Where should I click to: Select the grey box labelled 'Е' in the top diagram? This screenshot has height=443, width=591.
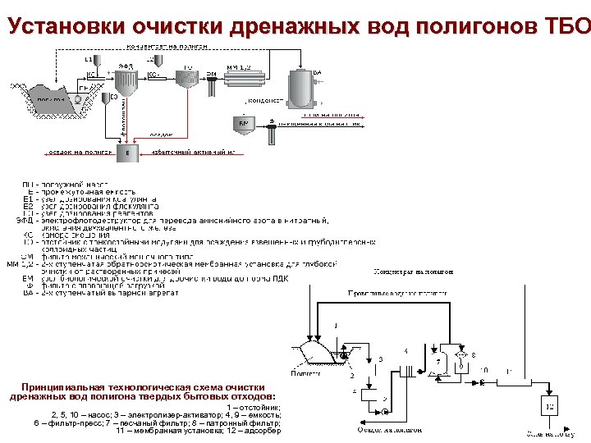point(126,153)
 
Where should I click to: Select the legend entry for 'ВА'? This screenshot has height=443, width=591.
point(98,293)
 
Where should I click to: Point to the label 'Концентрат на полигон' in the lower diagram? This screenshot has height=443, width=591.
point(411,271)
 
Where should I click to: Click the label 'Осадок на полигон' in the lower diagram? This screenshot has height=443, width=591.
point(389,428)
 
